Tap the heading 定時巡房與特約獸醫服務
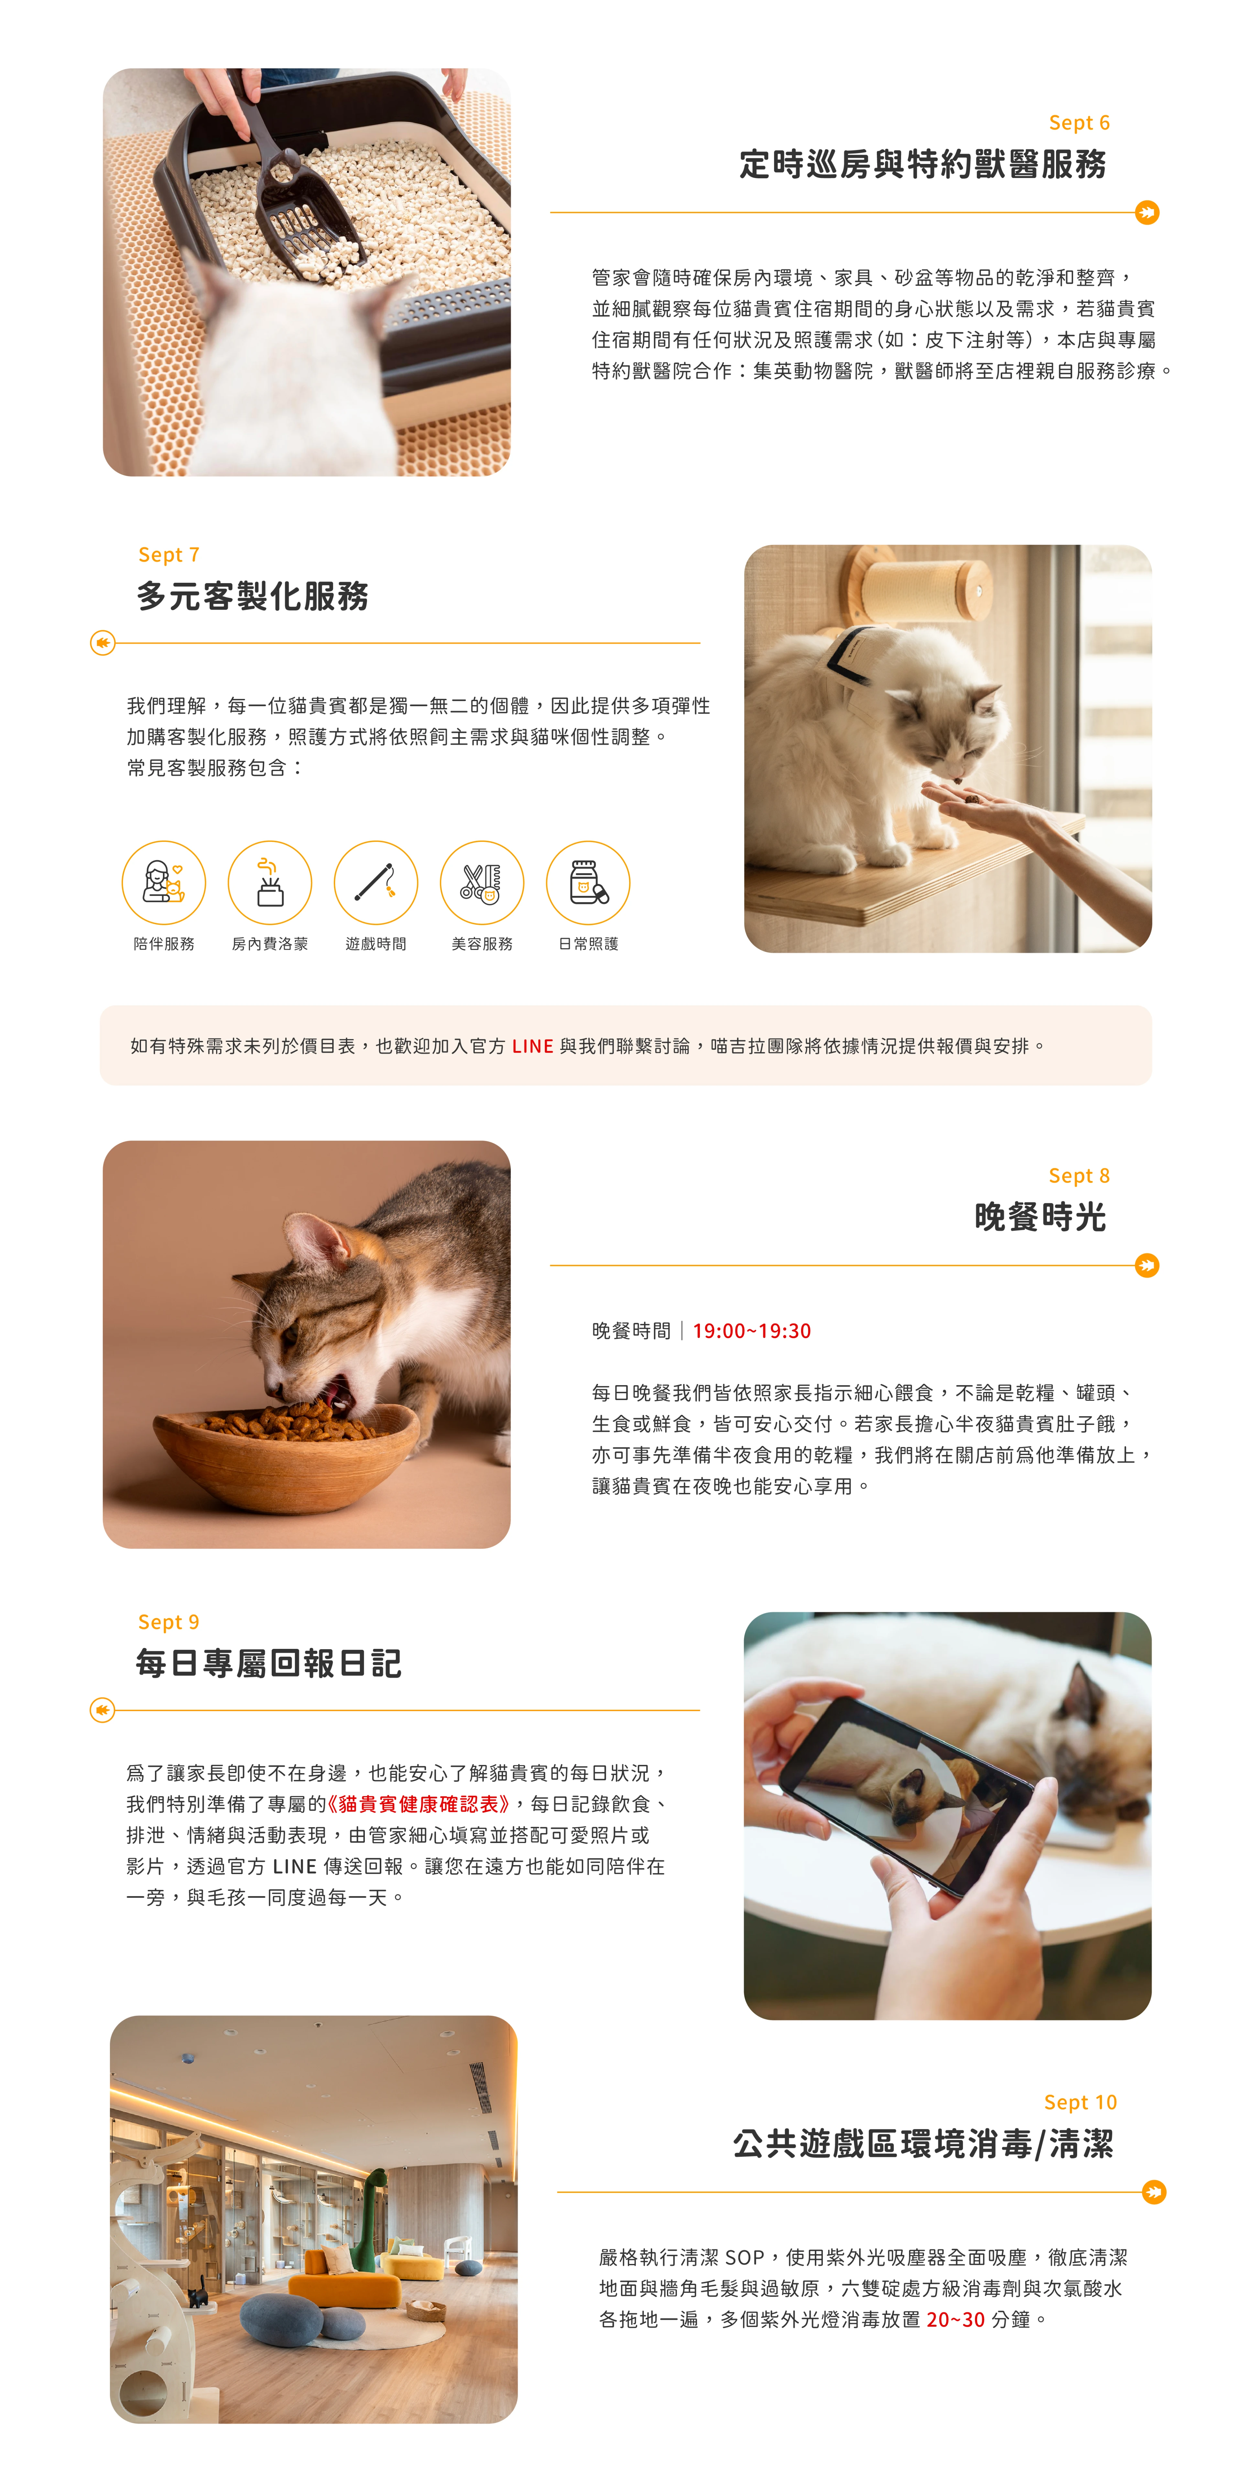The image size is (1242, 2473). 922,164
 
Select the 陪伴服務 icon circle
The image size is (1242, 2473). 164,882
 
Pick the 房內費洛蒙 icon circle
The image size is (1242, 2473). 270,882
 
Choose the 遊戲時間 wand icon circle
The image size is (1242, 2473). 376,882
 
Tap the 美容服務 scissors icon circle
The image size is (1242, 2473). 482,882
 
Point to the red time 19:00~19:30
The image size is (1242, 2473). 752,1330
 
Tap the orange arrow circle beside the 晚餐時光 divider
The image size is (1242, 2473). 1147,1265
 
